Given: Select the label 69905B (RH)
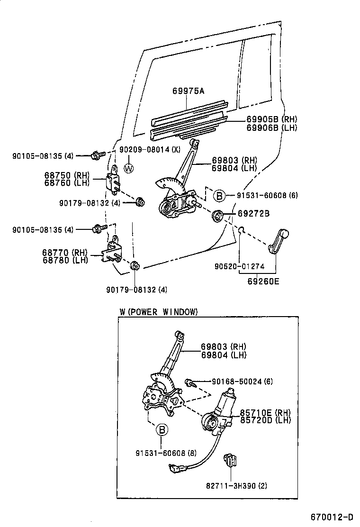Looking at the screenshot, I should [271, 119].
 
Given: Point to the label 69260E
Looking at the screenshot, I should [263, 281].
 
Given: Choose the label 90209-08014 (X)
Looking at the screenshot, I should [150, 150].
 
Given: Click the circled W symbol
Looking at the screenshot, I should [128, 167].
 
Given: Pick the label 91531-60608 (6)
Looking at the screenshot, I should [268, 195].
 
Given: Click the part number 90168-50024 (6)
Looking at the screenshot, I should [242, 382].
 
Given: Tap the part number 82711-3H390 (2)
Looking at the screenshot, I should [236, 485].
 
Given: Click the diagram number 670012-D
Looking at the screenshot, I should [332, 516].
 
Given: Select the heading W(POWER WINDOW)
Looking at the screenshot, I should [158, 311].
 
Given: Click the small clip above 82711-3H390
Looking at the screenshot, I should [231, 460].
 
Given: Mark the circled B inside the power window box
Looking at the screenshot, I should [161, 430].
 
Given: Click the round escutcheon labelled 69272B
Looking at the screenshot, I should [218, 217].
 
